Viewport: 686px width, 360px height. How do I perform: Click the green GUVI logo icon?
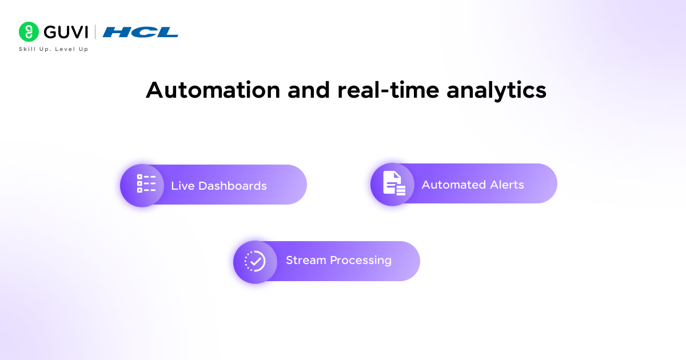(x=29, y=32)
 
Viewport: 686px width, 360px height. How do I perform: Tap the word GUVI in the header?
(x=65, y=32)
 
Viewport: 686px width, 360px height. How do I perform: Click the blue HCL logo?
(x=141, y=32)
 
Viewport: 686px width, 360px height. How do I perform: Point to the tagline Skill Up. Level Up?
(x=54, y=49)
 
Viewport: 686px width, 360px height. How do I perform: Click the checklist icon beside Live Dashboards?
(x=146, y=184)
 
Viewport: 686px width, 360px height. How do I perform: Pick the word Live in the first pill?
(x=183, y=186)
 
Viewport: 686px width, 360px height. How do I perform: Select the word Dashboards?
(x=233, y=186)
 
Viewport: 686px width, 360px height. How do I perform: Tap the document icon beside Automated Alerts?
(x=393, y=183)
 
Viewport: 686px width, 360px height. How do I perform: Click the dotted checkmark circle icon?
(x=255, y=261)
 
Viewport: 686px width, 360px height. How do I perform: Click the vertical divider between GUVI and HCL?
(x=95, y=32)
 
